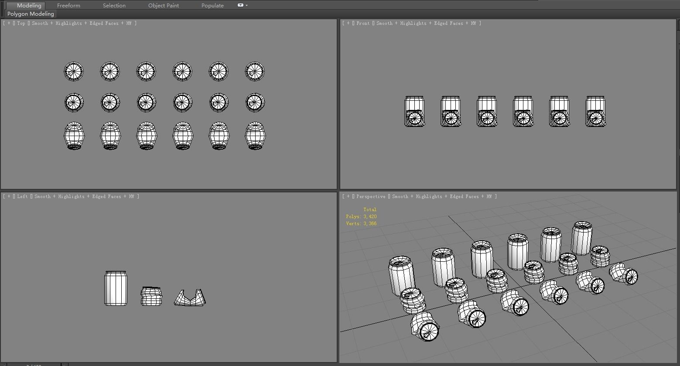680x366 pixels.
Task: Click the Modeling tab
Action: point(29,5)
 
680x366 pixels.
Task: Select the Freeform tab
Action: point(68,5)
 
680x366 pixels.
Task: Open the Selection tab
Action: point(114,5)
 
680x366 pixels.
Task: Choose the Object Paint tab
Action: point(164,5)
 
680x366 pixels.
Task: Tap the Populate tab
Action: point(212,5)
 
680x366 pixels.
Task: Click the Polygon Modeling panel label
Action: point(31,14)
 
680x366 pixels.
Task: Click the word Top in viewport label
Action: point(21,23)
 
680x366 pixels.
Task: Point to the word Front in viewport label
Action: point(363,23)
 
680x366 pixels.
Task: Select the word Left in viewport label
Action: point(23,196)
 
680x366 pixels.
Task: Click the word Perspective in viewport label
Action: point(371,196)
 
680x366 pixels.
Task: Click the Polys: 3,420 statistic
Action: point(361,216)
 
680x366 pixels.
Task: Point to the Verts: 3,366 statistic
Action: point(361,223)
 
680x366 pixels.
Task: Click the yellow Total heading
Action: point(369,209)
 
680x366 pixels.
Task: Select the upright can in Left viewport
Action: point(116,288)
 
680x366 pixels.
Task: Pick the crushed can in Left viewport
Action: point(151,296)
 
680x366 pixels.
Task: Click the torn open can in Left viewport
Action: point(190,298)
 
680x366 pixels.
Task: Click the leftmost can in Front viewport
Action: point(414,112)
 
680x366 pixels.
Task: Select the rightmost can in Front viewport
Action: point(595,112)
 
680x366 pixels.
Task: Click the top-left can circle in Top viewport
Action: point(74,71)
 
